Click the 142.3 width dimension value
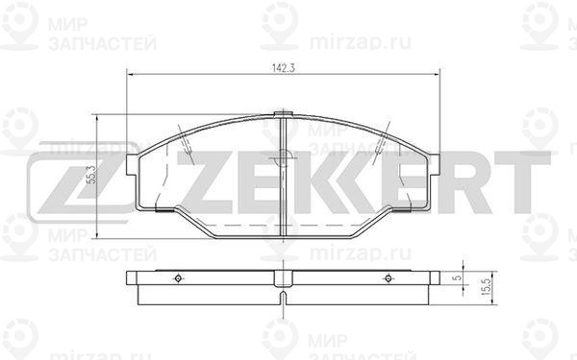click(284, 68)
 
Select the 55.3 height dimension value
click(91, 174)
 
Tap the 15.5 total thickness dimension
click(486, 286)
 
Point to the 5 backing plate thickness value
click(458, 278)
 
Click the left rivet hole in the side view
click(178, 278)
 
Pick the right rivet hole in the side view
click(389, 278)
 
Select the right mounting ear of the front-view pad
click(434, 164)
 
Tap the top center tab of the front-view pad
click(283, 114)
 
